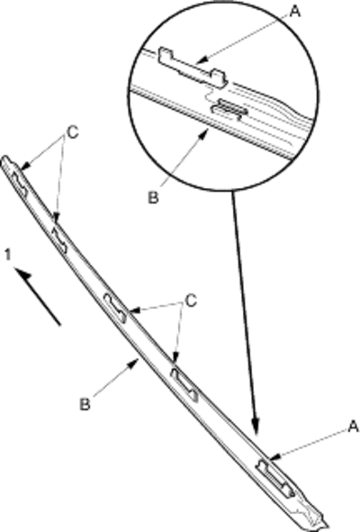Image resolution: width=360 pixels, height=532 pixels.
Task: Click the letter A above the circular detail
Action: (295, 11)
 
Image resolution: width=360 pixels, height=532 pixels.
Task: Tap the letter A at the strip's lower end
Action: (353, 426)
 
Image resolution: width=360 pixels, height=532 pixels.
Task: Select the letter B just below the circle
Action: (153, 197)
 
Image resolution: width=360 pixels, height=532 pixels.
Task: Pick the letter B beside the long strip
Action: (85, 404)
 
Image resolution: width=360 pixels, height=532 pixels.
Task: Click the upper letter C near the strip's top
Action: (73, 132)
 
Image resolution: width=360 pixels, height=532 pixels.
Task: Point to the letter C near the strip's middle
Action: (191, 301)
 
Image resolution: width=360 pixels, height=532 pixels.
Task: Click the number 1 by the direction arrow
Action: (8, 255)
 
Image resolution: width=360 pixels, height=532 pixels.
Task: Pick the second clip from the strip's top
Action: (59, 240)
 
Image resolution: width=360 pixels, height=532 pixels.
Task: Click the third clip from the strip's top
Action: (115, 307)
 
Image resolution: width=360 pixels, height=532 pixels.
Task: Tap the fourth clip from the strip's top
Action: (184, 385)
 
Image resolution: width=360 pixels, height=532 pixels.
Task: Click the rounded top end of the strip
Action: (5, 159)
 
